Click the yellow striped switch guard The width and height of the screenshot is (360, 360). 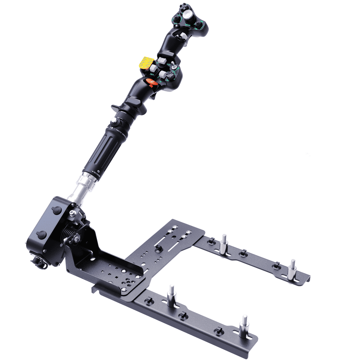[x=146, y=63]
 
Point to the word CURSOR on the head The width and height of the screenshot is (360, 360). [x=188, y=25]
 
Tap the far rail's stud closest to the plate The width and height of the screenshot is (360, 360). [x=224, y=244]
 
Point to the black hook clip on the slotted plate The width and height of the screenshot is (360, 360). [x=158, y=248]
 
